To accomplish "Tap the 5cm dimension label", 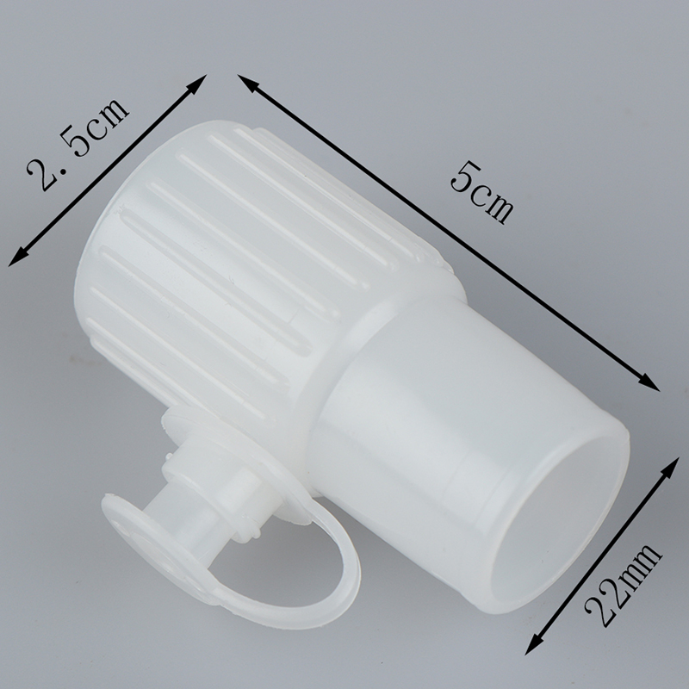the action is point(482,192).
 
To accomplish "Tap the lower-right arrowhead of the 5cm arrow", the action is point(649,382).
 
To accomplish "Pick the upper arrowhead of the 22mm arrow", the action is point(670,467).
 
